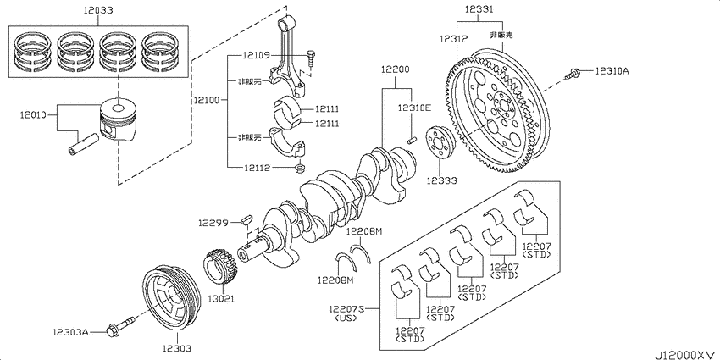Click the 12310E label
pos(415,108)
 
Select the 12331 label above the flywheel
pos(480,8)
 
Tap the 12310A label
pos(611,71)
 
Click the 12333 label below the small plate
pos(441,180)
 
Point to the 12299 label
pos(213,223)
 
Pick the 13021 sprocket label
pos(221,299)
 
